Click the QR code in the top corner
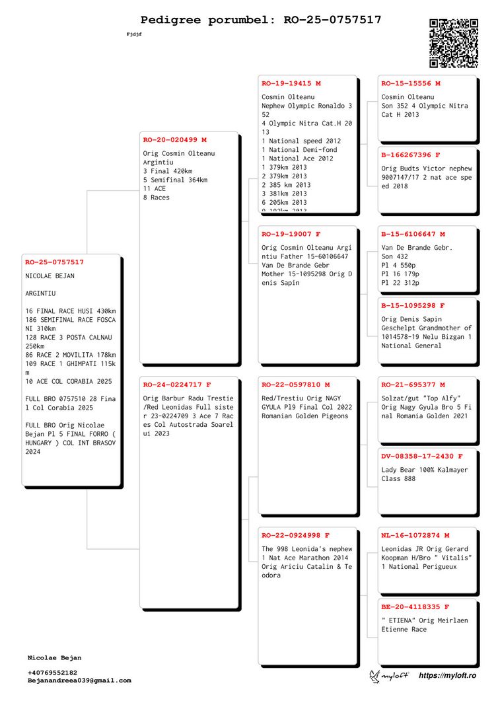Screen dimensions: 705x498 click(x=454, y=43)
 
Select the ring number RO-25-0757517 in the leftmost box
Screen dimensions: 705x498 click(x=54, y=262)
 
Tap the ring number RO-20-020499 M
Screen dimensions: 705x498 click(x=174, y=140)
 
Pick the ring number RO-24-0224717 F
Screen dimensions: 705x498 click(x=177, y=385)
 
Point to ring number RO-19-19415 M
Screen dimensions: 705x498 click(x=291, y=84)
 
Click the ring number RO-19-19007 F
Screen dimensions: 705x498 click(x=291, y=234)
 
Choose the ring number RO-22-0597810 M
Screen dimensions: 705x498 click(x=295, y=385)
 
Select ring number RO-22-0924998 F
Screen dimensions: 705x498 click(x=295, y=535)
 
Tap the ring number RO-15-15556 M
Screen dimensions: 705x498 click(x=411, y=84)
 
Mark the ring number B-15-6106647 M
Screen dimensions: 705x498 click(x=413, y=234)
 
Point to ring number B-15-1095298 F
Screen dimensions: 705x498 click(x=413, y=306)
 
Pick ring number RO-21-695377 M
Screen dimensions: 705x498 click(x=413, y=385)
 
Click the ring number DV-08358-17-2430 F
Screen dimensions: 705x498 click(x=421, y=457)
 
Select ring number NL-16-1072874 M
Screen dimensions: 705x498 click(x=415, y=535)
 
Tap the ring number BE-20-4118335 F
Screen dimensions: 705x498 click(x=415, y=607)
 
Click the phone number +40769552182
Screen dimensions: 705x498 click(x=52, y=673)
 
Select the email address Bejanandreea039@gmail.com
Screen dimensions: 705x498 click(x=79, y=680)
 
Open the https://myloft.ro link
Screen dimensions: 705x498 click(x=447, y=675)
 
